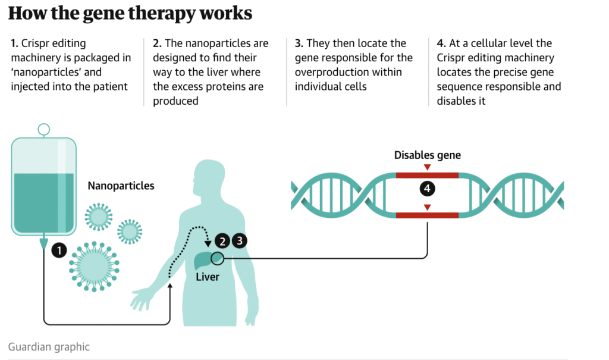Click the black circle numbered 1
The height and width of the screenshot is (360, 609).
[x=59, y=250]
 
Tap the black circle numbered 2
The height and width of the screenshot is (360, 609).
[x=222, y=241]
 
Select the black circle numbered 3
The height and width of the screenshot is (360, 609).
[x=239, y=241]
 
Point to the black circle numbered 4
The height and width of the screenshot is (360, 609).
[x=427, y=189]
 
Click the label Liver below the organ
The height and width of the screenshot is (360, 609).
[x=208, y=277]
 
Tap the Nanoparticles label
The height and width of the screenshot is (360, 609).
[x=121, y=186]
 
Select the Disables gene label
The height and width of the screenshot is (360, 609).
[x=427, y=155]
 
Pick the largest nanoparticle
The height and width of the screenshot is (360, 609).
[x=93, y=265]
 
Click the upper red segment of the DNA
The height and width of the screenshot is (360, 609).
[x=427, y=176]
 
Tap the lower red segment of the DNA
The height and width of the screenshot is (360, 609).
[x=427, y=215]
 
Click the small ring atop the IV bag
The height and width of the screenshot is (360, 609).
[x=43, y=129]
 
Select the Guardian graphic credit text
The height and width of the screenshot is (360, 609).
[x=49, y=346]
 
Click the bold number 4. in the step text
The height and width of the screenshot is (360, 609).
[x=441, y=43]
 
